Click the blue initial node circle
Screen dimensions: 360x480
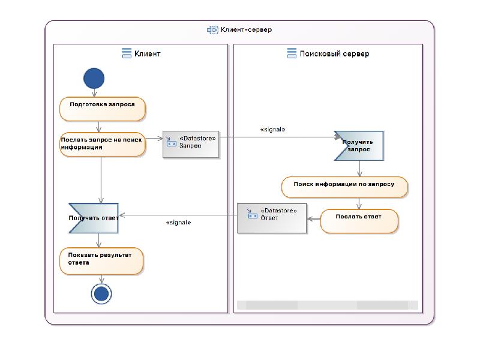[94, 78]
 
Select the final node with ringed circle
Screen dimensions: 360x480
[101, 293]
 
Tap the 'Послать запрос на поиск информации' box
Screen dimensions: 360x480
[102, 145]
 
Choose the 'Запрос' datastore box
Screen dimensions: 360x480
[191, 145]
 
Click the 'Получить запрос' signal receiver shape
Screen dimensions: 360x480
[359, 146]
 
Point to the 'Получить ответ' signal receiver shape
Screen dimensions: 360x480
[94, 218]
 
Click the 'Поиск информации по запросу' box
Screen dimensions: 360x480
[344, 187]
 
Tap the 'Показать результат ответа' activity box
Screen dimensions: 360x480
[101, 261]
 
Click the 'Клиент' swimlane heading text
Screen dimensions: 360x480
[148, 54]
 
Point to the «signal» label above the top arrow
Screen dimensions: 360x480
[272, 130]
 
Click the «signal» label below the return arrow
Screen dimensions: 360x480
[178, 223]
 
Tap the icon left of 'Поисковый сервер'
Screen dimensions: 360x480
[292, 54]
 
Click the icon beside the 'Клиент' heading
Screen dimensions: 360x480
[127, 54]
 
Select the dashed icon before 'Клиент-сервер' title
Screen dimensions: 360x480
[212, 29]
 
